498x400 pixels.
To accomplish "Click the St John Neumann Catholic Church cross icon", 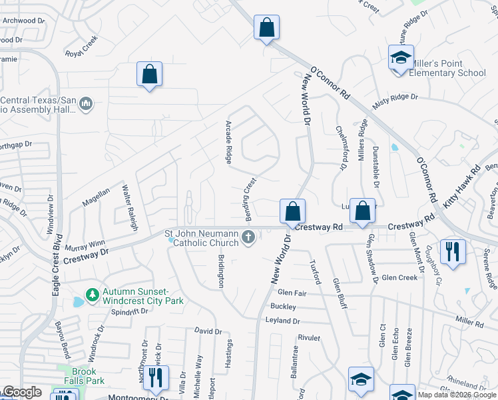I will pos(248,237).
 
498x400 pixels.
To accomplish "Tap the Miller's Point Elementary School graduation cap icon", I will pos(401,58).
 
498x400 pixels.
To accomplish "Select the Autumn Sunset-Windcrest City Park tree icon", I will pos(93,294).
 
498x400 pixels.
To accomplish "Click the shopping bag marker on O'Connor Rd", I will pos(266,29).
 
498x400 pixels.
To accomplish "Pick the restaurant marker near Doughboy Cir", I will pos(453,251).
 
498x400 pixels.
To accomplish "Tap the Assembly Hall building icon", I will pos(85,104).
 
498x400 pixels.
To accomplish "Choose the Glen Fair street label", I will pos(292,293).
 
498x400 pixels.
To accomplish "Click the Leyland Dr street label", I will pos(283,321).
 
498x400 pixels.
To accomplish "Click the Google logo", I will pos(22,392).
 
